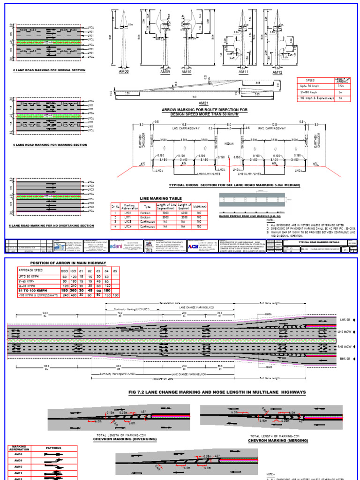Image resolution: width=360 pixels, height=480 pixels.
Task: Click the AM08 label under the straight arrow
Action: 124,73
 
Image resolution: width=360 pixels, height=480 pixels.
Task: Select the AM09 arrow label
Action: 165,73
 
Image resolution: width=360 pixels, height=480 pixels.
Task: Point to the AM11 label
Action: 243,73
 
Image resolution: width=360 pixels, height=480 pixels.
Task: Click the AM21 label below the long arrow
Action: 203,103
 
